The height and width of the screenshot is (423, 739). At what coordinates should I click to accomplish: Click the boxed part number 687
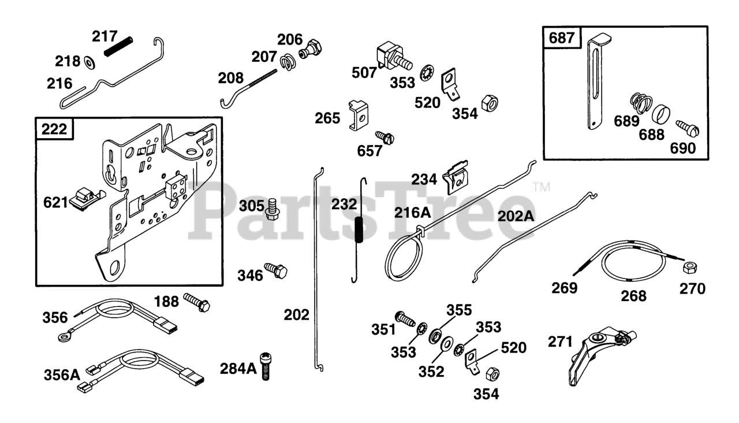click(x=562, y=39)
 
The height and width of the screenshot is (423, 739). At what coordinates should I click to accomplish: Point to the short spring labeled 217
click(x=118, y=46)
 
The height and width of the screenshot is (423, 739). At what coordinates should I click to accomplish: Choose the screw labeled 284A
click(x=266, y=366)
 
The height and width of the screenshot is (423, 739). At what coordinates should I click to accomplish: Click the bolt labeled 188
click(x=197, y=302)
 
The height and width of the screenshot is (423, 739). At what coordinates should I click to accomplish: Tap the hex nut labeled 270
click(x=689, y=268)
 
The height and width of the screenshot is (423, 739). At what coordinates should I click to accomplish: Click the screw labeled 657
click(x=385, y=137)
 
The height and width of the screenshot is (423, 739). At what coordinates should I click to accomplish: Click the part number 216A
click(x=413, y=213)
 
